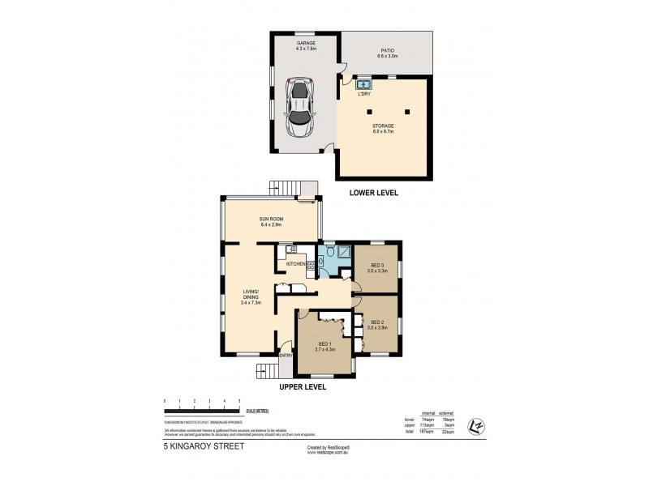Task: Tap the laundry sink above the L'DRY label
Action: click(x=363, y=84)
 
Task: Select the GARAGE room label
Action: click(x=306, y=43)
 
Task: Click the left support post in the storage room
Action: click(x=369, y=111)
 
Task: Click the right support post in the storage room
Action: click(x=407, y=111)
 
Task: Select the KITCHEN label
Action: click(x=294, y=264)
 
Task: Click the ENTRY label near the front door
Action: click(x=286, y=356)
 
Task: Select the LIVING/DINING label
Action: click(x=250, y=296)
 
